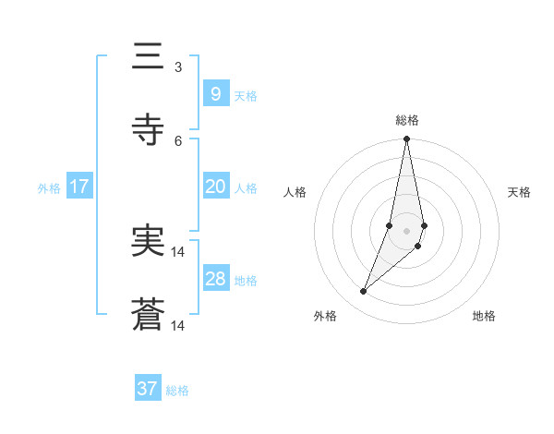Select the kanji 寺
click(148, 129)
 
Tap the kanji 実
click(148, 242)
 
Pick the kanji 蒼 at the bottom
click(148, 316)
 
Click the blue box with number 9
click(215, 94)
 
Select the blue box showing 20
click(215, 187)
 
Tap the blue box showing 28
click(215, 279)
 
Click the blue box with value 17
click(79, 187)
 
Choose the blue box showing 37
click(148, 389)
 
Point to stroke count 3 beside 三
click(178, 67)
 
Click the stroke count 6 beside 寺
click(178, 140)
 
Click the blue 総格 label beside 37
click(177, 391)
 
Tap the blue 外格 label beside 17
click(49, 188)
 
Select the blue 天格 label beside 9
click(246, 96)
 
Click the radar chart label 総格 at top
click(407, 120)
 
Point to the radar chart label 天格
click(520, 192)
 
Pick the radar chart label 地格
click(484, 316)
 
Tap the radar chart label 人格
click(295, 192)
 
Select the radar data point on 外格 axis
click(363, 292)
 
